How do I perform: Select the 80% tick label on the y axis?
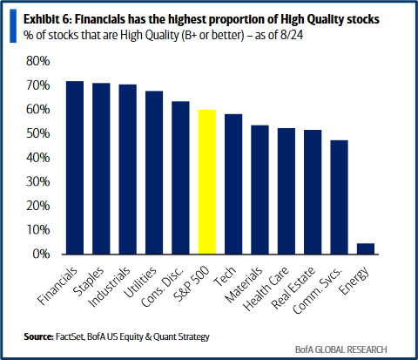pyautogui.click(x=40, y=62)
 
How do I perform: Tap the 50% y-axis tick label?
pyautogui.click(x=40, y=134)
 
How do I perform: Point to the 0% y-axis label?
pyautogui.click(x=43, y=255)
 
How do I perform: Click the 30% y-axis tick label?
pyautogui.click(x=40, y=182)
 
